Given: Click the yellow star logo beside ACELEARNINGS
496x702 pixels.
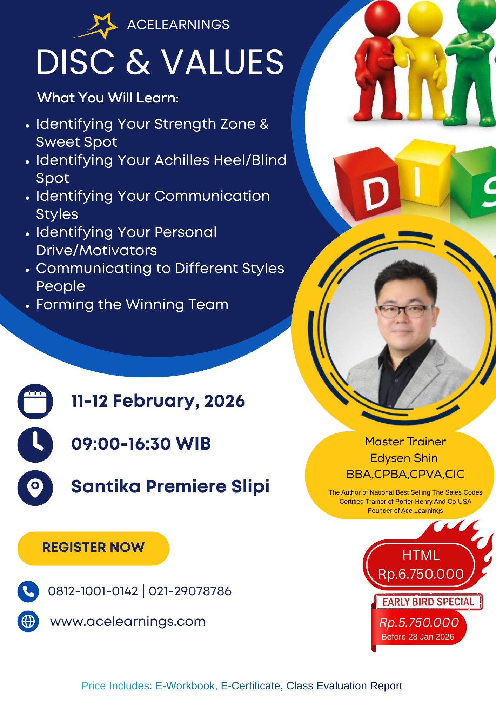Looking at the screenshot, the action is click(x=100, y=25).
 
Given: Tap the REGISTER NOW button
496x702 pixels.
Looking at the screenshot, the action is click(x=93, y=548).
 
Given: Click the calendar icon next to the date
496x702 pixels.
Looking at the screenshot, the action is click(x=35, y=401).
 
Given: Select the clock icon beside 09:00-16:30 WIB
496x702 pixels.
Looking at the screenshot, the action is click(x=35, y=444).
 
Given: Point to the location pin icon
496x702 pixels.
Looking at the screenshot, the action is click(x=35, y=488).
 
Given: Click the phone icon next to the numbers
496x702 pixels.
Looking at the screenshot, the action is click(x=28, y=591).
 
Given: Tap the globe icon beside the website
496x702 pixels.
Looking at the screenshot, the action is click(x=28, y=621).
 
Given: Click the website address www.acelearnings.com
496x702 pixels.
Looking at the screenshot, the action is click(x=128, y=621).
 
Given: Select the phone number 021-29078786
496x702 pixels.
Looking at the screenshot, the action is click(x=190, y=591).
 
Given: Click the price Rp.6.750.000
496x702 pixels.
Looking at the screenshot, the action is click(x=421, y=574).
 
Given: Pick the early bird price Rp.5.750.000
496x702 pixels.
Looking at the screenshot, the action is click(x=419, y=622).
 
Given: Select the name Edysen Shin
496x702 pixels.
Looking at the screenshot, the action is click(x=404, y=458).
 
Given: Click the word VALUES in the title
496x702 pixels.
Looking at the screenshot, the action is click(x=222, y=62).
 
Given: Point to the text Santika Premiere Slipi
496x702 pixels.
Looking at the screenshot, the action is click(x=170, y=486).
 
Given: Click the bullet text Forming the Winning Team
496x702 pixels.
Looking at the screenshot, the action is click(x=132, y=304).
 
